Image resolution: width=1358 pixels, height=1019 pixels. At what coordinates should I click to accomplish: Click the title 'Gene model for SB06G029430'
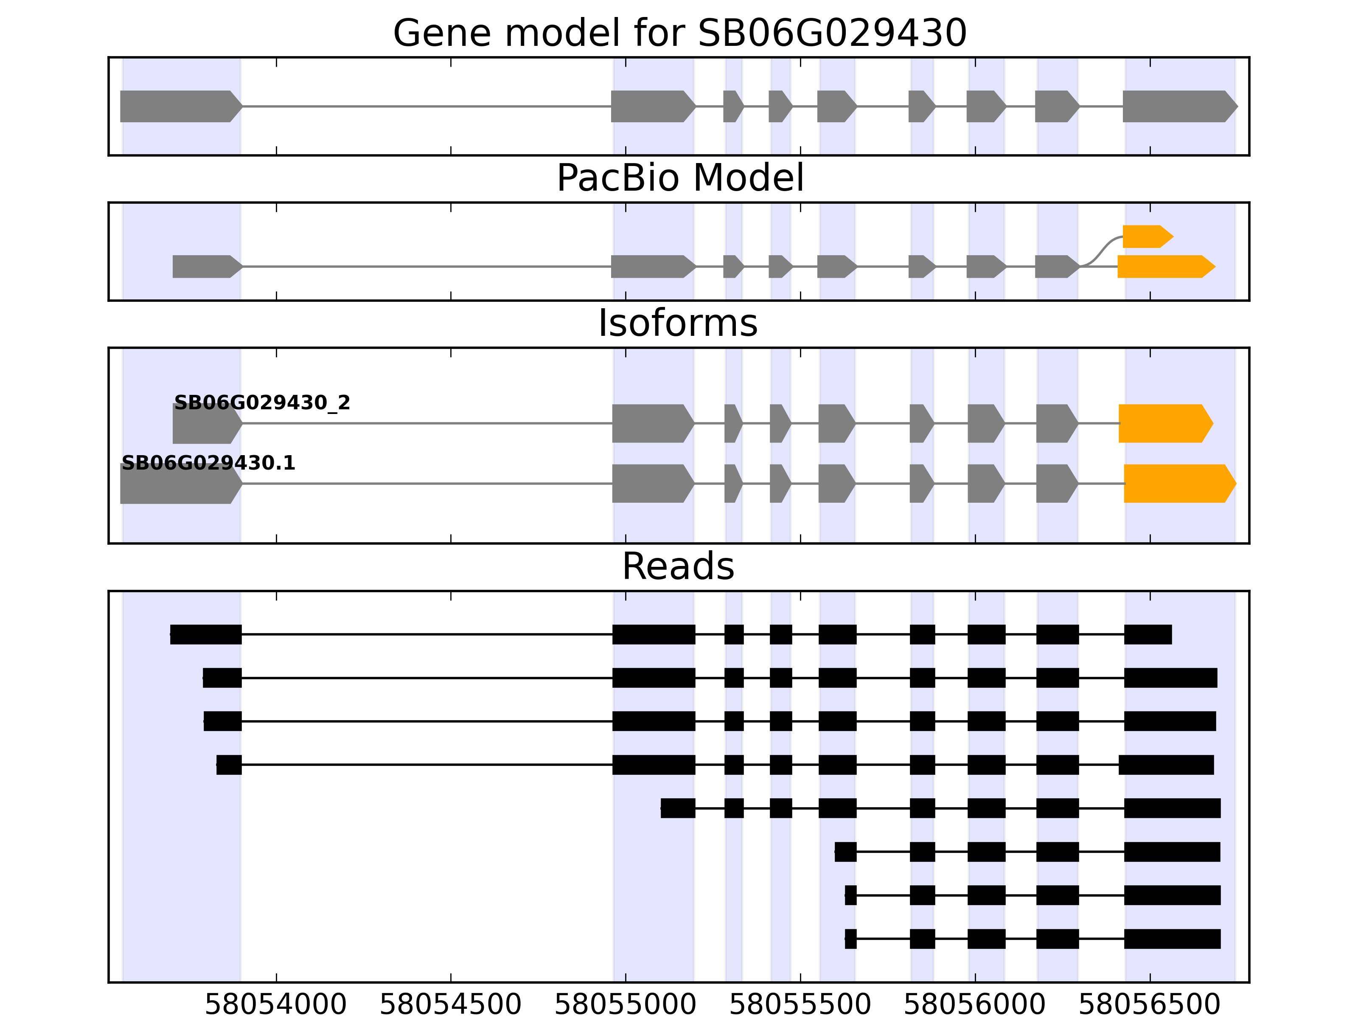679,33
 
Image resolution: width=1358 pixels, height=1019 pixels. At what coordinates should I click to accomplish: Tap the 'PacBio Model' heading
679,178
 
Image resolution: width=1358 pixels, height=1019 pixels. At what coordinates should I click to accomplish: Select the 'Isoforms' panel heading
678,324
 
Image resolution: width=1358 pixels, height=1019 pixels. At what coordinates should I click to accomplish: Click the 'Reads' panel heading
678,566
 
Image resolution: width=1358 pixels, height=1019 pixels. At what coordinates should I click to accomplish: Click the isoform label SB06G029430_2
262,403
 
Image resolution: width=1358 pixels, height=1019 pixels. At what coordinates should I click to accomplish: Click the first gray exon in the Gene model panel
178,106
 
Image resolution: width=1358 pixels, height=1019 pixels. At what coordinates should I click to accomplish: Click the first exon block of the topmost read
206,634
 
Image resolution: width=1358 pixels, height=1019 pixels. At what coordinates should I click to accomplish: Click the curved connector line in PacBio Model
1101,250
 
